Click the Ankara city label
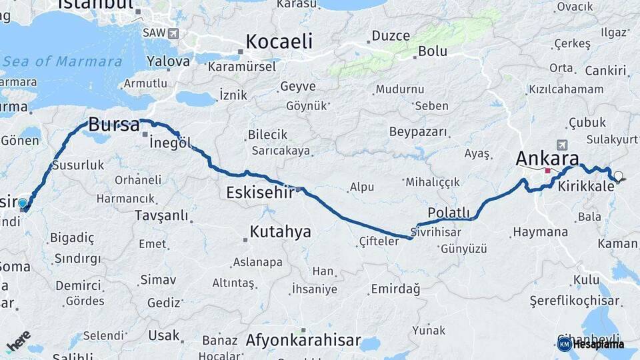pyautogui.click(x=547, y=159)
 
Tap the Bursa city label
pyautogui.click(x=114, y=125)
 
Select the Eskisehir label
pyautogui.click(x=261, y=193)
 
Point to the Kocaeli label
pyautogui.click(x=279, y=41)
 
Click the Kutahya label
pyautogui.click(x=280, y=232)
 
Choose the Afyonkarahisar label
pyautogui.click(x=303, y=341)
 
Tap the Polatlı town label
pyautogui.click(x=449, y=213)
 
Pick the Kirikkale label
pyautogui.click(x=587, y=187)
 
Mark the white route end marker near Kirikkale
pyautogui.click(x=618, y=177)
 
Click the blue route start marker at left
pyautogui.click(x=23, y=203)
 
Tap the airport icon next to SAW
pyautogui.click(x=173, y=33)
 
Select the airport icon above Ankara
pyautogui.click(x=561, y=144)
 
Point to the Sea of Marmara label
pyautogui.click(x=63, y=61)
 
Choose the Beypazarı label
pyautogui.click(x=418, y=131)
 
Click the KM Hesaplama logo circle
pyautogui.click(x=564, y=344)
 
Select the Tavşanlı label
pyautogui.click(x=161, y=216)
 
